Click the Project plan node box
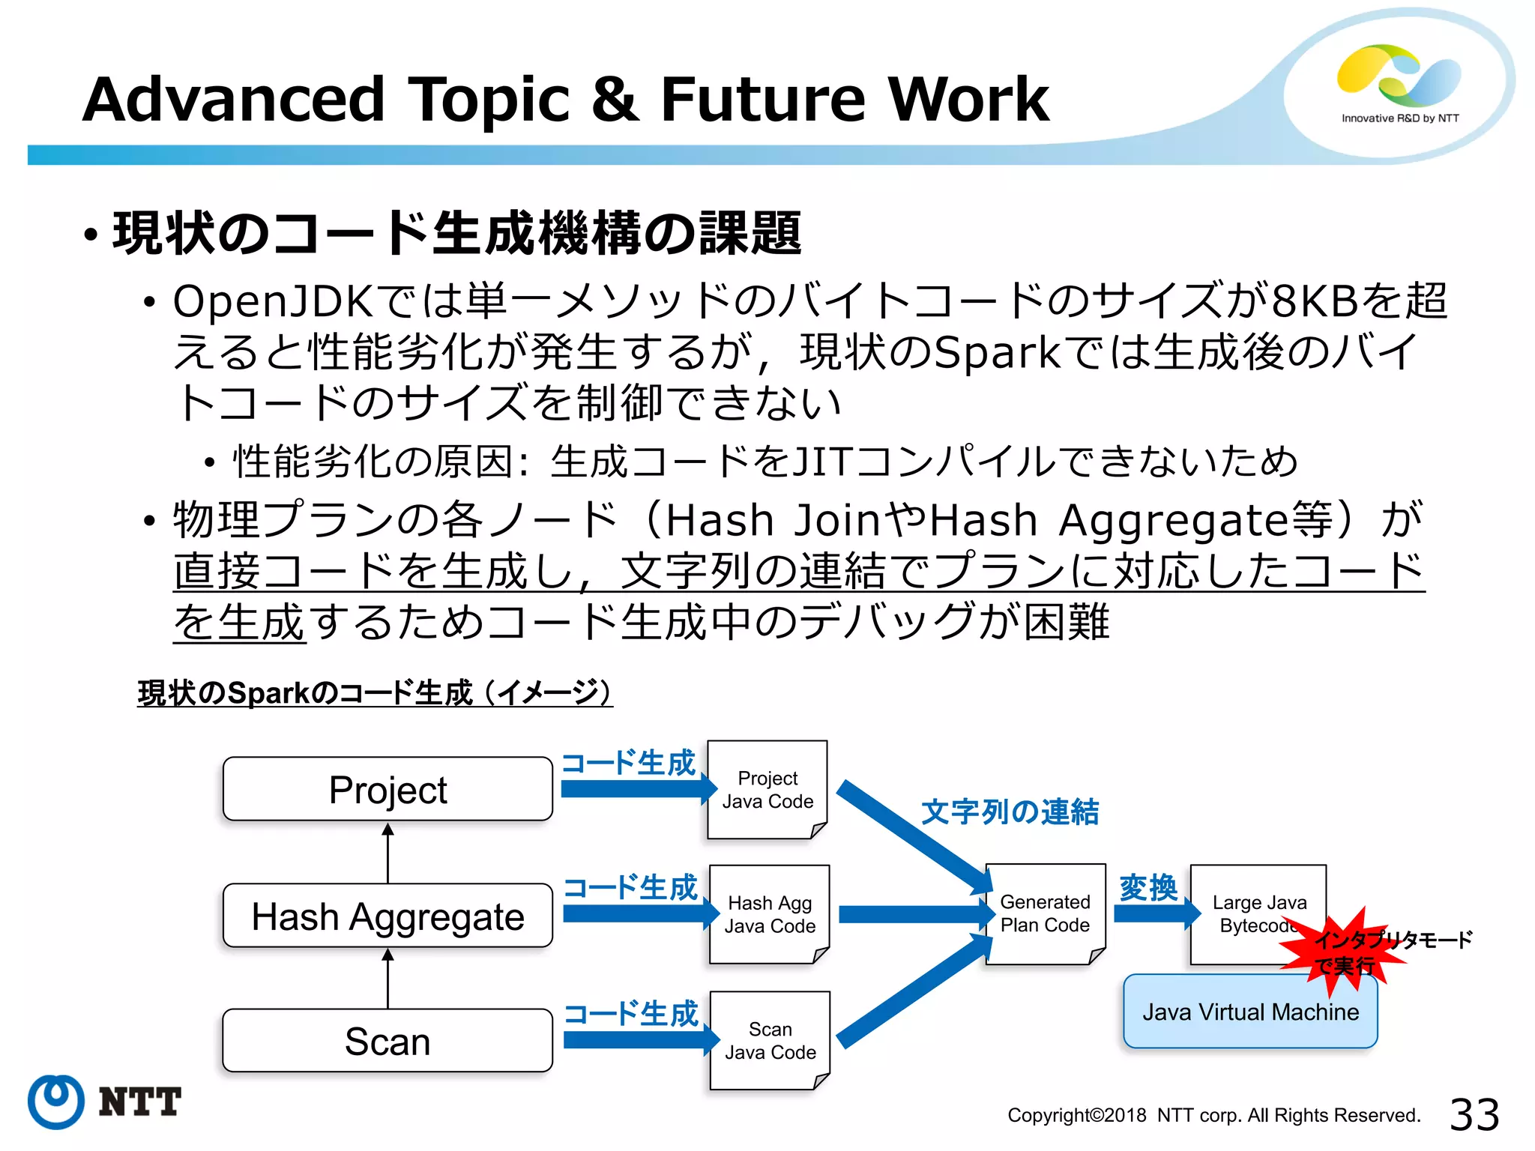click(x=387, y=789)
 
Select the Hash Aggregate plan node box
click(x=387, y=916)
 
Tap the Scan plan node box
click(x=387, y=1041)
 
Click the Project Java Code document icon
click(x=767, y=790)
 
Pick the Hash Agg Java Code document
click(x=770, y=914)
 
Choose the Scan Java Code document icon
click(x=770, y=1040)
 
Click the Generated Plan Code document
click(x=1045, y=913)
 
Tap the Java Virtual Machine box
click(x=1250, y=1012)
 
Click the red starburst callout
click(x=1342, y=952)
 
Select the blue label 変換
click(x=1148, y=888)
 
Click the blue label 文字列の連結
click(x=1010, y=812)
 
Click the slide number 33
click(x=1474, y=1114)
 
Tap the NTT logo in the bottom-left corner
click(x=105, y=1102)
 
